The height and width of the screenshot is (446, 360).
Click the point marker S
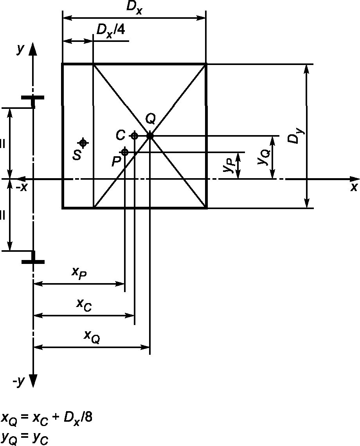pyautogui.click(x=83, y=143)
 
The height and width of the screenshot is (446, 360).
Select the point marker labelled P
pyautogui.click(x=125, y=152)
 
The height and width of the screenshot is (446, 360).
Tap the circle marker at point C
pyautogui.click(x=134, y=136)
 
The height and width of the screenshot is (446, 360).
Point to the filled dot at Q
pyautogui.click(x=150, y=136)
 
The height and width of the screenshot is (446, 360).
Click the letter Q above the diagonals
pyautogui.click(x=150, y=118)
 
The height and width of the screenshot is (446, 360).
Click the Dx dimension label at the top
pyautogui.click(x=134, y=8)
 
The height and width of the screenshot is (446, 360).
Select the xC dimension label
pyautogui.click(x=84, y=305)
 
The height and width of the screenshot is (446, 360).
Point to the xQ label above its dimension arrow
pyautogui.click(x=92, y=337)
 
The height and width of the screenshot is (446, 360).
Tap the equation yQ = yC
pyautogui.click(x=25, y=437)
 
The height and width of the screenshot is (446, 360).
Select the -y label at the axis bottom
pyautogui.click(x=19, y=382)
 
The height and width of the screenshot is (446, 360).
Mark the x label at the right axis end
pyautogui.click(x=354, y=188)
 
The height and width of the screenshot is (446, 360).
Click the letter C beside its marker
pyautogui.click(x=121, y=135)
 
